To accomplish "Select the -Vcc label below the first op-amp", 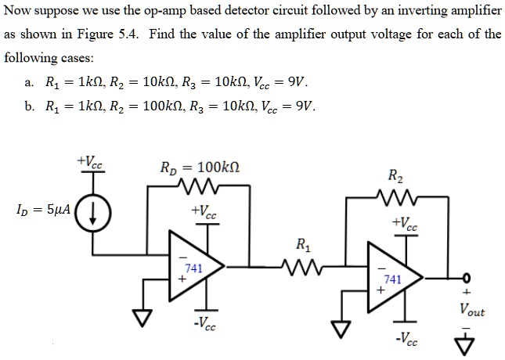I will (x=206, y=324).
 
